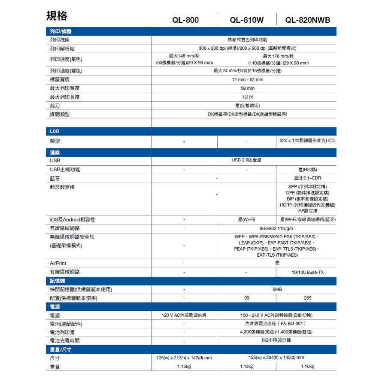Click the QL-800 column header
click(185, 20)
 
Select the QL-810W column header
click(247, 20)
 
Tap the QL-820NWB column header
click(308, 20)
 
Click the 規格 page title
click(57, 16)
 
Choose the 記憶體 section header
click(58, 281)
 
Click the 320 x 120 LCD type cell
click(306, 141)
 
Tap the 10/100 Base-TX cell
click(307, 272)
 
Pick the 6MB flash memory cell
click(277, 290)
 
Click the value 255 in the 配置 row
click(307, 298)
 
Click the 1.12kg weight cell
click(247, 367)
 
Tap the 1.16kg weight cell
click(307, 367)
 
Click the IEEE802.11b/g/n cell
click(277, 228)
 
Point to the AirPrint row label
click(58, 263)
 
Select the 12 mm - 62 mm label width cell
click(247, 79)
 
